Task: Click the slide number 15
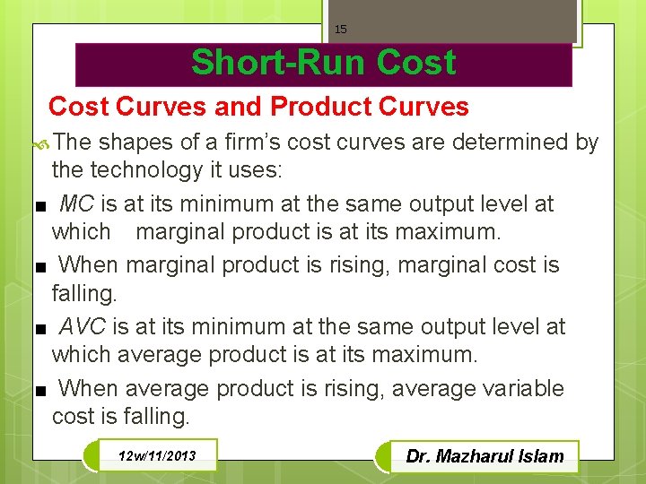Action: click(340, 30)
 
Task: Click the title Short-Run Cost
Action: click(323, 64)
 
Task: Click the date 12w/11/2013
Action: click(156, 456)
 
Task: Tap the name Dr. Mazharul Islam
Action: click(484, 456)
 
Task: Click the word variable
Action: click(523, 388)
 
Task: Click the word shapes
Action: click(135, 142)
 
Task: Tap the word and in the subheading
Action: click(240, 107)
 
